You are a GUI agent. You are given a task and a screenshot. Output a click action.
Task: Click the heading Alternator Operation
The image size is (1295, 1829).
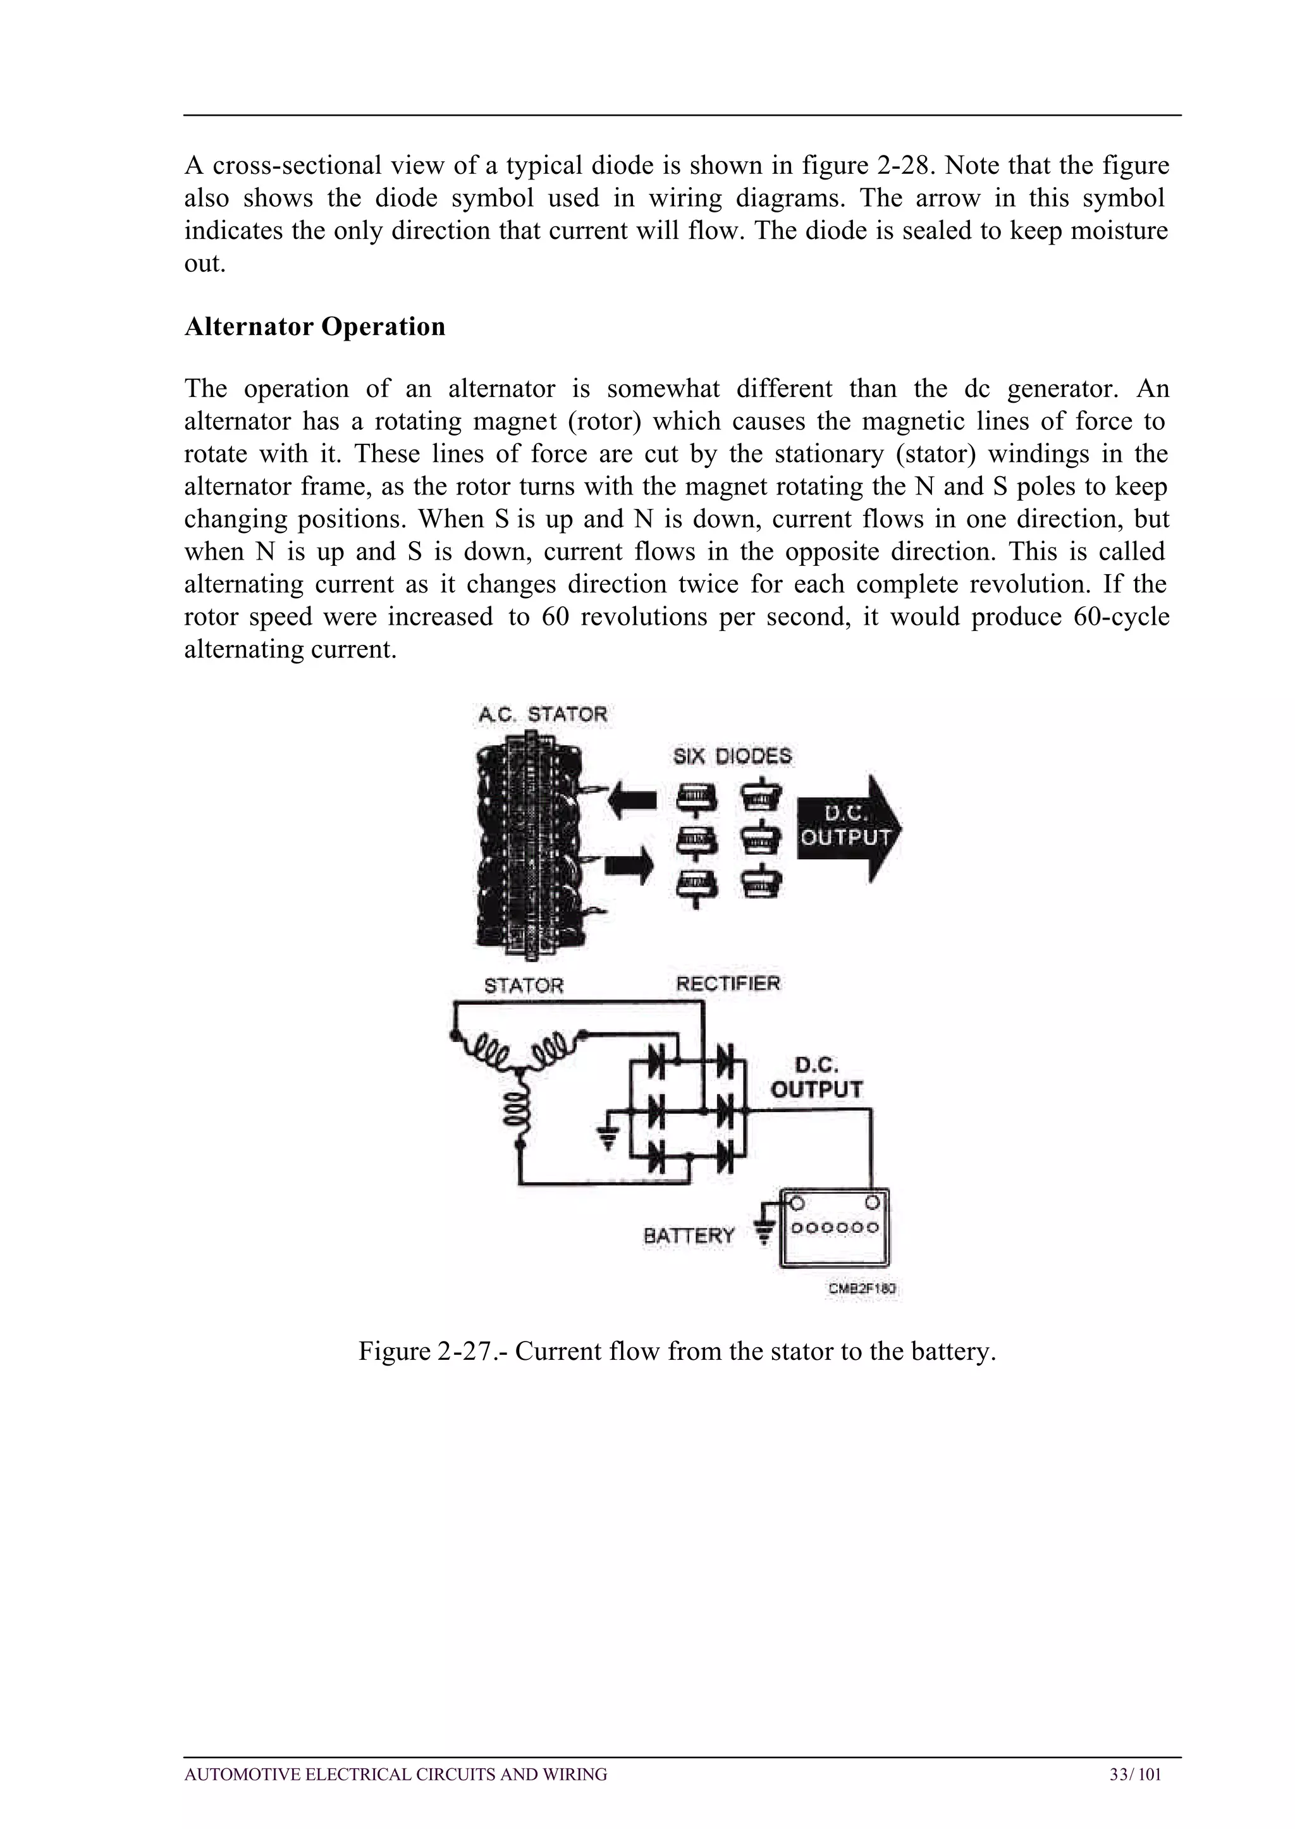(314, 327)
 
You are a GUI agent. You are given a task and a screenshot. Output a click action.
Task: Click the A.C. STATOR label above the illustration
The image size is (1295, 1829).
(543, 714)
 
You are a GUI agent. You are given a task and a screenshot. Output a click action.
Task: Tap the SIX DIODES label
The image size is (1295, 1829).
(732, 756)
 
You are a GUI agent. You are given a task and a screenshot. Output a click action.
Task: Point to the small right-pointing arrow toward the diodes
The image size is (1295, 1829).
(629, 865)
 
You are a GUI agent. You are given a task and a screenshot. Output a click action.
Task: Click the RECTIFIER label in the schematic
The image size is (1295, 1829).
(727, 983)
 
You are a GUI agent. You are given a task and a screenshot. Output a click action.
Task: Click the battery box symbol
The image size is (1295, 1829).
(833, 1228)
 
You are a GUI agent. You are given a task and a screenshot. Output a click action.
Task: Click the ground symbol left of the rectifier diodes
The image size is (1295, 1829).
(608, 1142)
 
